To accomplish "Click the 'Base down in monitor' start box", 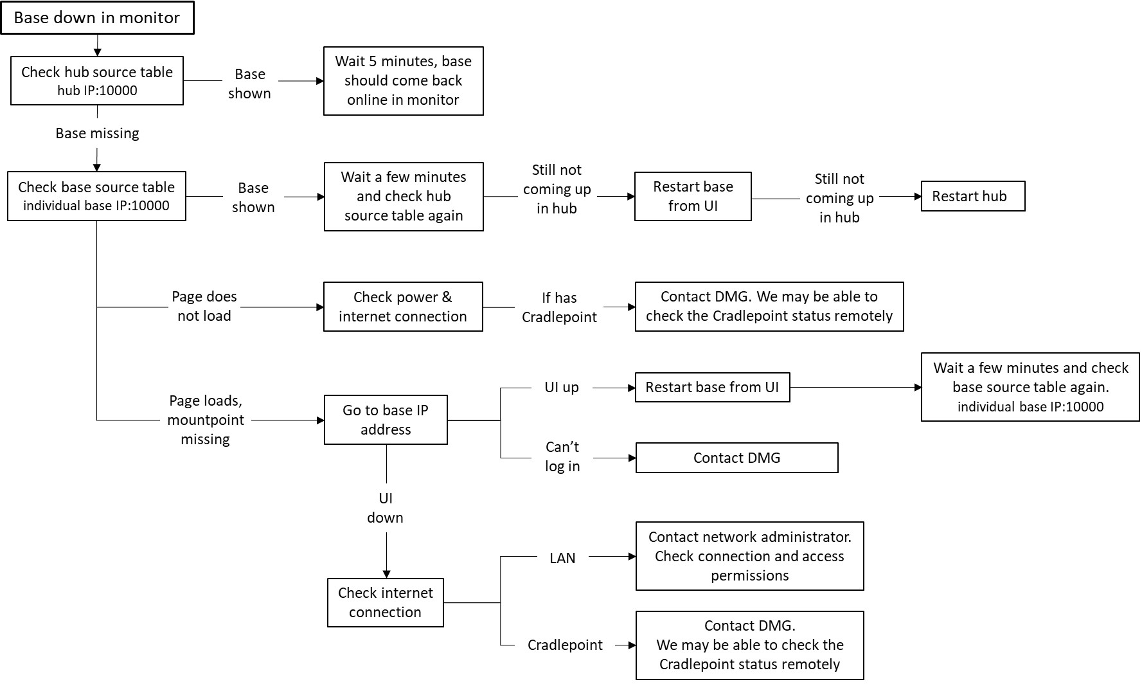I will [x=97, y=18].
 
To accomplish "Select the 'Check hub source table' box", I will [x=97, y=80].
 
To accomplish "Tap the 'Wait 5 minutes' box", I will [x=403, y=80].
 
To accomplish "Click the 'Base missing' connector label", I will [x=97, y=133].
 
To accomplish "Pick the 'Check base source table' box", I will [x=96, y=196].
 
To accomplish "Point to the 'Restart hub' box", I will [x=972, y=196].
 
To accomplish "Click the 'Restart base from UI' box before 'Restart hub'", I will [x=693, y=196].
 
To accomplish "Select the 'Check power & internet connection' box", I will [x=403, y=307].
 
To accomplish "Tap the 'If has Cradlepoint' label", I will [x=559, y=307].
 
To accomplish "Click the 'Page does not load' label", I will [x=204, y=306].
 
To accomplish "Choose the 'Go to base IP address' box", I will [x=386, y=420].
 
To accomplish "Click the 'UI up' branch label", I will [x=562, y=387].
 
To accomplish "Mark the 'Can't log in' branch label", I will [x=562, y=456].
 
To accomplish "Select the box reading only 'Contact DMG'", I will [x=736, y=458].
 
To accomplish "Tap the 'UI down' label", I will [x=386, y=508].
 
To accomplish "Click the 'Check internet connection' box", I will [x=386, y=602].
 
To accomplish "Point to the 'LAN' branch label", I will [x=562, y=558].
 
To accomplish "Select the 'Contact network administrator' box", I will [x=749, y=556].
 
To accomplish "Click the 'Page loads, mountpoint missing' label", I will [x=206, y=420].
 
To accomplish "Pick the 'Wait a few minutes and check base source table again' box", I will [x=1030, y=387].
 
